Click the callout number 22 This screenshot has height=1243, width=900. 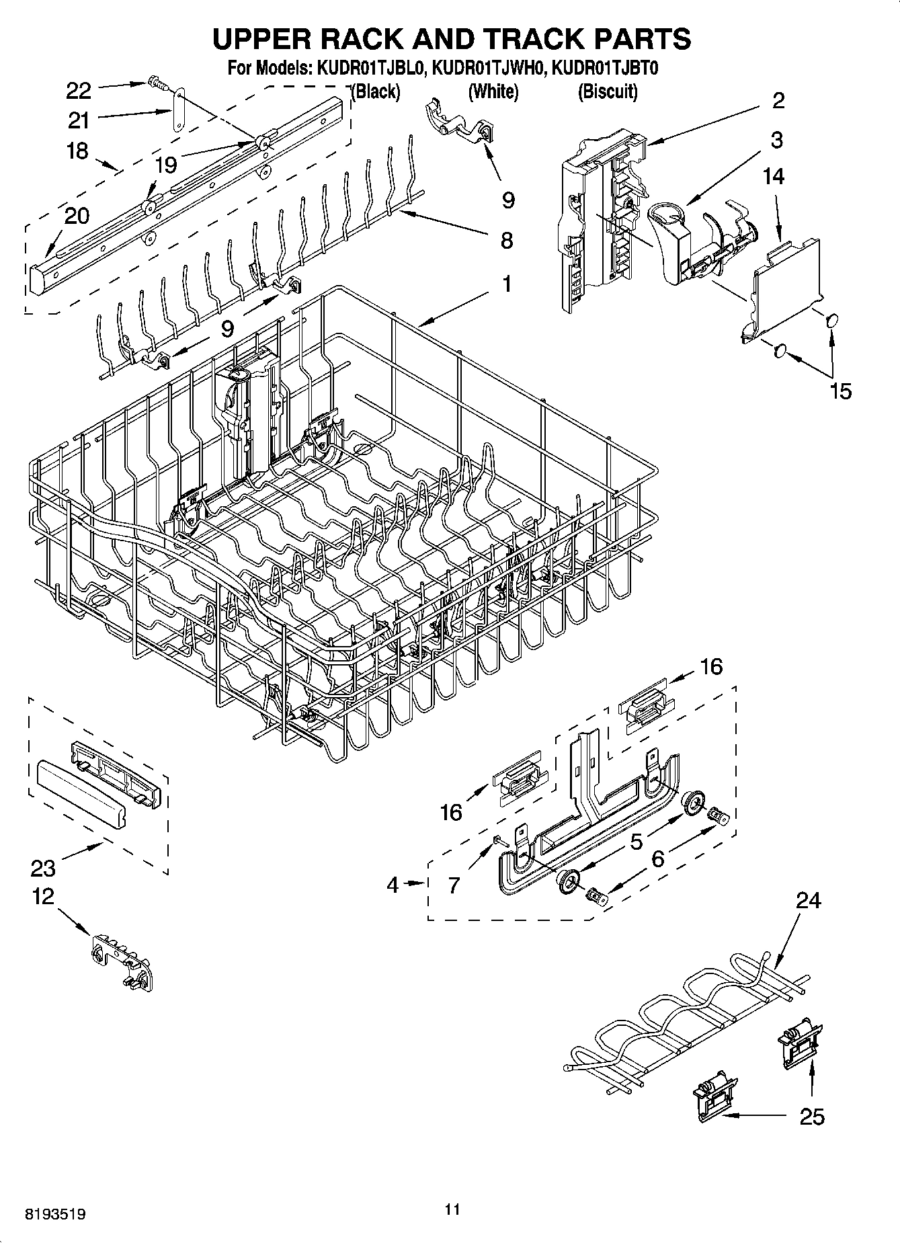click(79, 89)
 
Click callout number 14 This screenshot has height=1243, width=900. click(773, 176)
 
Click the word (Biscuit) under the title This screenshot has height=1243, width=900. click(608, 91)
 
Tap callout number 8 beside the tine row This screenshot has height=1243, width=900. click(507, 240)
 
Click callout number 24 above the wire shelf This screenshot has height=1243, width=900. click(808, 900)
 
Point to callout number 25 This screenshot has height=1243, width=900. click(812, 1117)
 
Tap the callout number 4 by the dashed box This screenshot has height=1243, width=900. click(393, 885)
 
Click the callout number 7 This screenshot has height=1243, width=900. click(454, 885)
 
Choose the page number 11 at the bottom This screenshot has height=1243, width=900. click(452, 1209)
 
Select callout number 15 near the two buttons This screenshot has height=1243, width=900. click(840, 391)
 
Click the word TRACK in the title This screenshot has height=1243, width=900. click(520, 38)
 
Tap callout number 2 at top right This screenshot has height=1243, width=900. click(778, 101)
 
